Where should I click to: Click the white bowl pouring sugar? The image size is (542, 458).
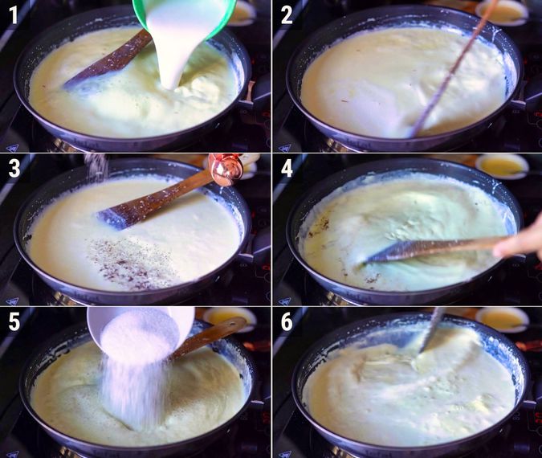tap(141, 329)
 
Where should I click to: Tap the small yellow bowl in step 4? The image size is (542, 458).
tap(501, 166)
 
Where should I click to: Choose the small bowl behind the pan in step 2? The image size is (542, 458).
tap(502, 11)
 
